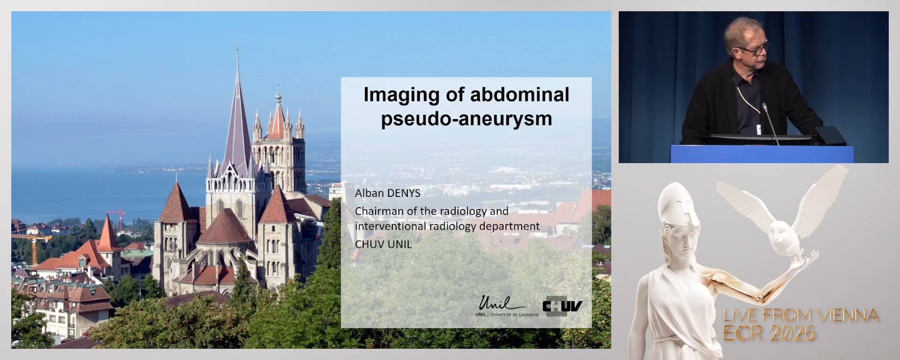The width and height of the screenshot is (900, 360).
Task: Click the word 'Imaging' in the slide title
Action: (x=402, y=96)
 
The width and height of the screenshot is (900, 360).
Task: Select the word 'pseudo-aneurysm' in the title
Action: (x=466, y=119)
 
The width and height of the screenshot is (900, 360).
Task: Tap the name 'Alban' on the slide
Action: (x=369, y=193)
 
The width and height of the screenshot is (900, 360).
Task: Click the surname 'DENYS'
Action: (x=404, y=193)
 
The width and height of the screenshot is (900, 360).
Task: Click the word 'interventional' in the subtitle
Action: (x=390, y=226)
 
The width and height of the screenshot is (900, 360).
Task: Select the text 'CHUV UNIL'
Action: (x=383, y=244)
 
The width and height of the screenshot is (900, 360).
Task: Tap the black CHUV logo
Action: (x=562, y=306)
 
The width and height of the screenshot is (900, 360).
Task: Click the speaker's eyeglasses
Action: (x=753, y=49)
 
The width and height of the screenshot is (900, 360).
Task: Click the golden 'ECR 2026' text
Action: (x=769, y=333)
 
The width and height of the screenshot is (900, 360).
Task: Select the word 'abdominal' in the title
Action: (x=519, y=95)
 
